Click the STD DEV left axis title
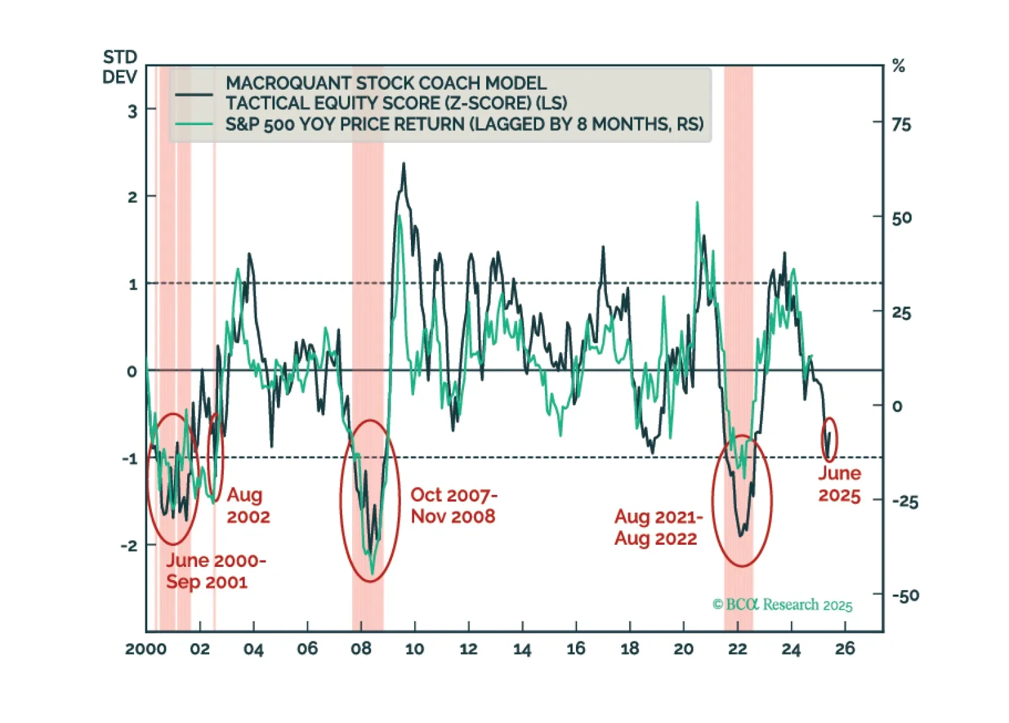[x=119, y=67]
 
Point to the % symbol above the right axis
[x=898, y=66]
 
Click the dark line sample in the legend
[x=193, y=95]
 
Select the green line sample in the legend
[x=193, y=124]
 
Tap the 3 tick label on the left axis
[x=132, y=112]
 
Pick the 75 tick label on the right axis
[x=902, y=125]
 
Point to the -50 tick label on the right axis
[x=905, y=595]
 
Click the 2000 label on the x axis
[x=145, y=649]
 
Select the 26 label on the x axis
[x=845, y=648]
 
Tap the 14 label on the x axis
[x=522, y=649]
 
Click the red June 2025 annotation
[x=840, y=484]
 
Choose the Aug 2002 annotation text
[x=248, y=506]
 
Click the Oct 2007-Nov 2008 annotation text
[x=453, y=506]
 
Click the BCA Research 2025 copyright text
[x=783, y=605]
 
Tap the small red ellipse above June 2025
[x=829, y=439]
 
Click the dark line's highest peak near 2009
[x=403, y=164]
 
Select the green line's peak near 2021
[x=697, y=203]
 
